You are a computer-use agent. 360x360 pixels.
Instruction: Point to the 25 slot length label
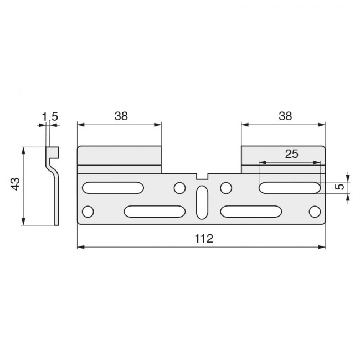(290, 154)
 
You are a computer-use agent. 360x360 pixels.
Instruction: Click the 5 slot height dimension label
(342, 187)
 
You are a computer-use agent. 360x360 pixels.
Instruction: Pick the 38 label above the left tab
(121, 116)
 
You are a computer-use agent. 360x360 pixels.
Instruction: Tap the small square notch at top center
(202, 176)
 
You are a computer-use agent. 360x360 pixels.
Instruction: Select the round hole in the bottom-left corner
(88, 211)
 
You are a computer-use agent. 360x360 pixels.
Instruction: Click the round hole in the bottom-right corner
(315, 211)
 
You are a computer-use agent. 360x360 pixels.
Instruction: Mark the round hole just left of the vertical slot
(179, 188)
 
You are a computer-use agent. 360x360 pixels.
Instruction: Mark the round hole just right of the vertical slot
(225, 188)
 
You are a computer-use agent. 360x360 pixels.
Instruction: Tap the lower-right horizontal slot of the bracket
(250, 211)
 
